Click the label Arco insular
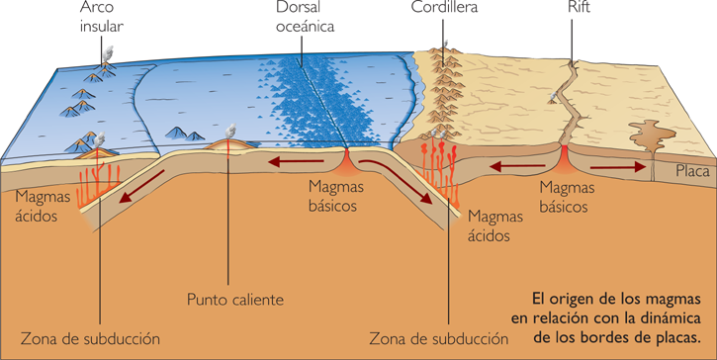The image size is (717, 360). pyautogui.click(x=103, y=18)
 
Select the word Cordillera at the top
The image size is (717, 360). pyautogui.click(x=445, y=8)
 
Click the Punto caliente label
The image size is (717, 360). pyautogui.click(x=236, y=298)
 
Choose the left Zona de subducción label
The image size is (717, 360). pyautogui.click(x=90, y=339)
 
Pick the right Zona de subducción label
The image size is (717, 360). pyautogui.click(x=438, y=339)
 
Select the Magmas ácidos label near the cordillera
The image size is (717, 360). pyautogui.click(x=490, y=226)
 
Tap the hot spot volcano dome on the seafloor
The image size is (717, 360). pyautogui.click(x=230, y=146)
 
